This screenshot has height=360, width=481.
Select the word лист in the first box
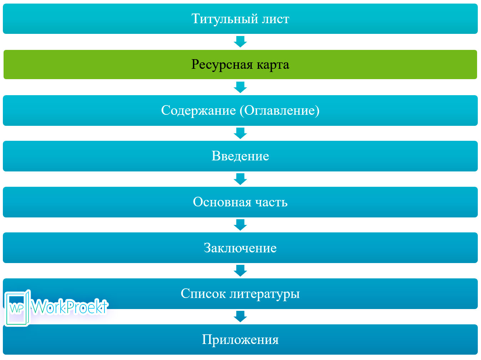(276, 19)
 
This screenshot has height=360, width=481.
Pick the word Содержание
(198, 110)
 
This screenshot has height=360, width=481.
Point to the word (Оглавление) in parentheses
(280, 110)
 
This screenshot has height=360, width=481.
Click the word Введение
(240, 156)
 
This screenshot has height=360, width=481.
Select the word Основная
(222, 202)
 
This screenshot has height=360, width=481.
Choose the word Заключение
(240, 248)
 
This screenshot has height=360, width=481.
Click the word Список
(203, 294)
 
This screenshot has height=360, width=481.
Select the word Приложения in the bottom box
(240, 340)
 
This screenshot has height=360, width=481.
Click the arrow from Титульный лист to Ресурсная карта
(240, 41)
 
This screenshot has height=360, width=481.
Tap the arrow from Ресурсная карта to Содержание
(240, 87)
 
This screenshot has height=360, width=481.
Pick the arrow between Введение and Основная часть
(240, 179)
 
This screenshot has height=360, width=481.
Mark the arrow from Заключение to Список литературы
(240, 271)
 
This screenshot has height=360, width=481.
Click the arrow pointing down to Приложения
(240, 316)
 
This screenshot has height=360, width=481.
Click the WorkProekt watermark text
(70, 307)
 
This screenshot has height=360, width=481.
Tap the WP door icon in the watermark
(17, 308)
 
